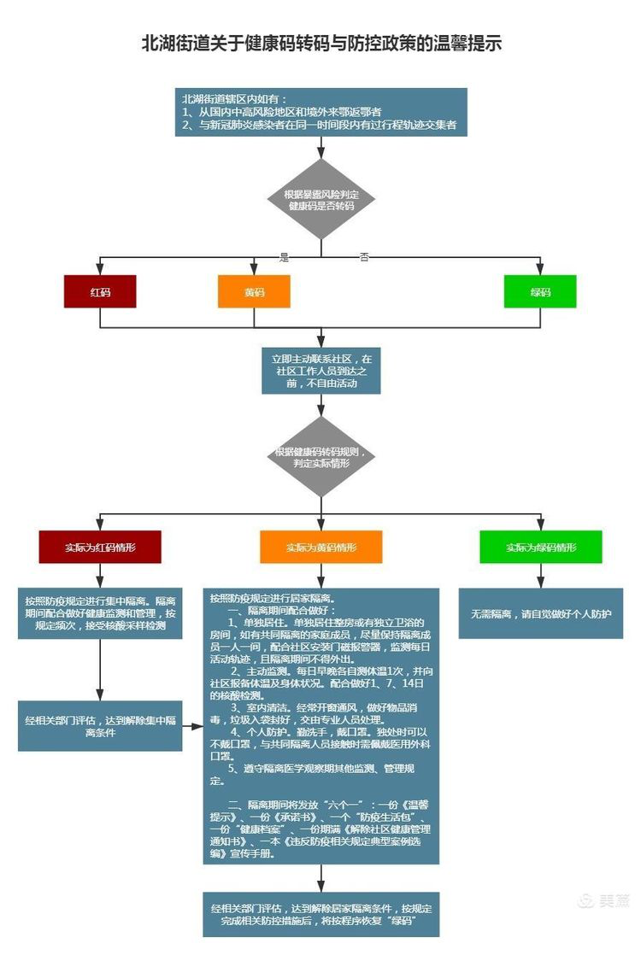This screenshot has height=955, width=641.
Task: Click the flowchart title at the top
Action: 320,44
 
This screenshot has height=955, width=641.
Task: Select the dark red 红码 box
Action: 100,292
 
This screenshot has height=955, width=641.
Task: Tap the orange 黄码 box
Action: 254,292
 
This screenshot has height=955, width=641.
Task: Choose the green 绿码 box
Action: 540,292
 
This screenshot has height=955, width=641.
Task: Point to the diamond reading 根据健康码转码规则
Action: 321,457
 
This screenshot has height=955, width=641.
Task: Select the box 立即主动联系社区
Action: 321,371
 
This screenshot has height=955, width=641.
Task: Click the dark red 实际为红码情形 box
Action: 100,547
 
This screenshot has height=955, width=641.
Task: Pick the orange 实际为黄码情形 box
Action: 321,547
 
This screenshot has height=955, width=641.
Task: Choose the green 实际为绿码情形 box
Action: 540,547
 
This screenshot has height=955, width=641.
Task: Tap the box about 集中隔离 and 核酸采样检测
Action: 100,613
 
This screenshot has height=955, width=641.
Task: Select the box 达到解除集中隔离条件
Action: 100,726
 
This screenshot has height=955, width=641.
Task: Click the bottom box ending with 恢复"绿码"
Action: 321,914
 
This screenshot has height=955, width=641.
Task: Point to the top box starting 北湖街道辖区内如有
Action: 321,112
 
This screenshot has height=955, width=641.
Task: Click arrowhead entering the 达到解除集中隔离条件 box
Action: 100,695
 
